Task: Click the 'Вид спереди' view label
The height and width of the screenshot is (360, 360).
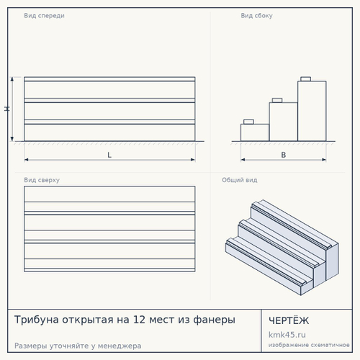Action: coord(44,16)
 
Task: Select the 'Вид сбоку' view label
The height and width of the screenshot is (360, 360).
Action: coord(256,16)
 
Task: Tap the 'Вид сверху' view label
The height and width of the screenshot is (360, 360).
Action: coord(42,180)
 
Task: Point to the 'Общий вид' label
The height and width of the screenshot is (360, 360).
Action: coord(240,180)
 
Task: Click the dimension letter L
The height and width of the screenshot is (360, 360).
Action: coord(109,155)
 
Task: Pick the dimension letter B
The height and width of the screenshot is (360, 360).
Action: coord(284,155)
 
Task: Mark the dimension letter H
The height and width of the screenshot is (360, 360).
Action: coord(7,109)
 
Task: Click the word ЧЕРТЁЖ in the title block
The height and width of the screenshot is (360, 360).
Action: coord(289,320)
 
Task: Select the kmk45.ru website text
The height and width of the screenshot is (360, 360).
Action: coord(287,335)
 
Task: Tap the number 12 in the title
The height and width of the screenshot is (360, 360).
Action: coord(139,320)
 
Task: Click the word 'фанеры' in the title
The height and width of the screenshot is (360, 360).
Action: coord(214,320)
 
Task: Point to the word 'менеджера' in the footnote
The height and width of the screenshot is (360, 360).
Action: coord(120,346)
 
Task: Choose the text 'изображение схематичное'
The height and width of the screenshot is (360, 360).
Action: coord(309,345)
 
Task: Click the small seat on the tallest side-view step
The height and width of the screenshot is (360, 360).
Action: coord(306,79)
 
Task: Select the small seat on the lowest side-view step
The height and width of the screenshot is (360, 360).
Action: coord(248,122)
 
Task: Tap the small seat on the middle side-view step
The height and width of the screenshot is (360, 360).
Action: coord(277,100)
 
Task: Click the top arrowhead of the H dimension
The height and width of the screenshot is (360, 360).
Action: coord(12,78)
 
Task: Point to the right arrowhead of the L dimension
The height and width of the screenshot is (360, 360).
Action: coord(193,160)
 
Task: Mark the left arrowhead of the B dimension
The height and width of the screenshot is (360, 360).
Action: coord(243,160)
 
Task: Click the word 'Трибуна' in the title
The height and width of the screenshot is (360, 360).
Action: coord(37,320)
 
